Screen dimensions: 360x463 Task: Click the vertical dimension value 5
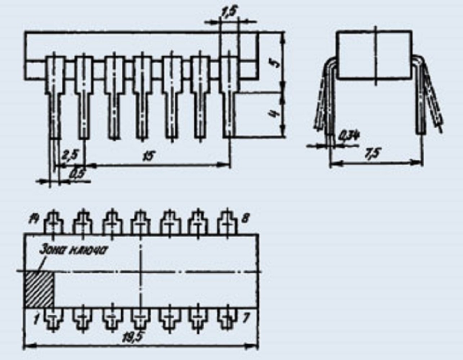click(x=275, y=63)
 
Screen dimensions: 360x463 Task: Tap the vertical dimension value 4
click(x=275, y=114)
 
